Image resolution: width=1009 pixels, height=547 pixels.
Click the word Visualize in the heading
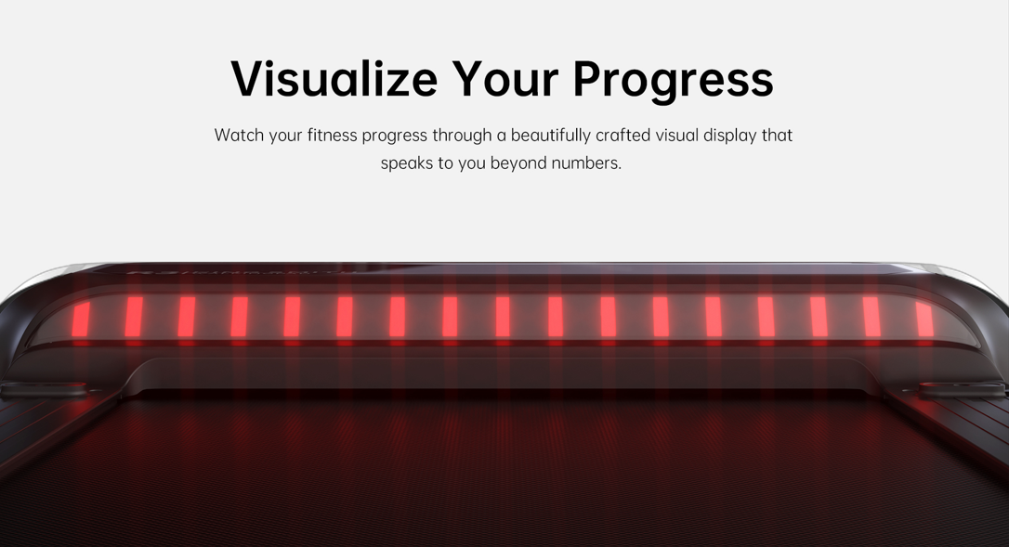334,79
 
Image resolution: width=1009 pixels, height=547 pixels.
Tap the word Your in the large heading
505,79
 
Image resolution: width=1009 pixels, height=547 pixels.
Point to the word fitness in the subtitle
332,136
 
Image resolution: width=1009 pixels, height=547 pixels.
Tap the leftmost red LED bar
81,318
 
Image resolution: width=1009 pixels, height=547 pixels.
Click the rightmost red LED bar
924,319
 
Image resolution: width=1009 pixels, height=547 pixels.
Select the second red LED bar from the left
133,316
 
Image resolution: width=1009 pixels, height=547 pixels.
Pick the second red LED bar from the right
871,316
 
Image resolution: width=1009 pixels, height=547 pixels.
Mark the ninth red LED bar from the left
503,316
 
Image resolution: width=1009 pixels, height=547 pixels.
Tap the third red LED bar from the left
186,316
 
